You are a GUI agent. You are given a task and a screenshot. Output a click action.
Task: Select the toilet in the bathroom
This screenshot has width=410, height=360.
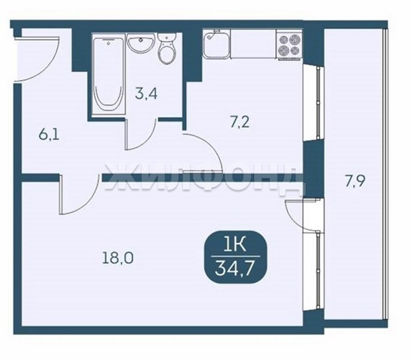pyautogui.click(x=167, y=49)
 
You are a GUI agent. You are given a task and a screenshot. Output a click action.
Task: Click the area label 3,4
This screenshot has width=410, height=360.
pyautogui.click(x=146, y=94)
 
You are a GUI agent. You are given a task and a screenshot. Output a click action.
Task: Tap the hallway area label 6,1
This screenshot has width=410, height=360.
pyautogui.click(x=49, y=136)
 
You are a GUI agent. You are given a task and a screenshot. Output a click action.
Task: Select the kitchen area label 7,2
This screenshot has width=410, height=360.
pyautogui.click(x=240, y=122)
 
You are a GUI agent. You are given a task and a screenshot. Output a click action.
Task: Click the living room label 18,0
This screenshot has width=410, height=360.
pyautogui.click(x=118, y=258)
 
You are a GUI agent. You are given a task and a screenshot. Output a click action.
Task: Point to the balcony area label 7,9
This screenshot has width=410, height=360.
pyautogui.click(x=354, y=182)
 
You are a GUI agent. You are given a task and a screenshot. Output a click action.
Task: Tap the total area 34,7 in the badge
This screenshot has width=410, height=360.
pyautogui.click(x=235, y=268)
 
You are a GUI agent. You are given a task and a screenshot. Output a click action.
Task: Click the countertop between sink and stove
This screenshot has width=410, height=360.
pyautogui.click(x=254, y=44)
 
